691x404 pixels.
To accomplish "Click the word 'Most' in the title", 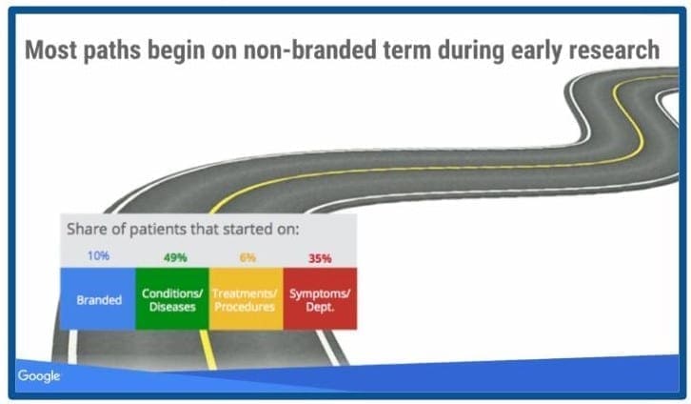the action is [50, 50].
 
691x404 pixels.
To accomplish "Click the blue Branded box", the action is [98, 298].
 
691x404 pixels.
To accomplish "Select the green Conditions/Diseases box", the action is [172, 298].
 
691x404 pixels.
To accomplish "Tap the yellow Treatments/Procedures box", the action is [246, 298].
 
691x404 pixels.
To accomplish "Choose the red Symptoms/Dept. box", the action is [320, 298].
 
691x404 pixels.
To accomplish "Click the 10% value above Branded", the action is [98, 255].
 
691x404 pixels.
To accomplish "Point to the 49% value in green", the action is [175, 257].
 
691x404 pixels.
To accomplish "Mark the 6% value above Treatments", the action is [247, 257].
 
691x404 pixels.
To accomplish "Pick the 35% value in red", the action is [320, 258].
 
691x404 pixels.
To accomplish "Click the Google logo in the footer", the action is [39, 376].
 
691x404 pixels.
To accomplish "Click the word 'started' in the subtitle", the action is [247, 230].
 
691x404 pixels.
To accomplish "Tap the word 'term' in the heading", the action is [406, 50].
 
